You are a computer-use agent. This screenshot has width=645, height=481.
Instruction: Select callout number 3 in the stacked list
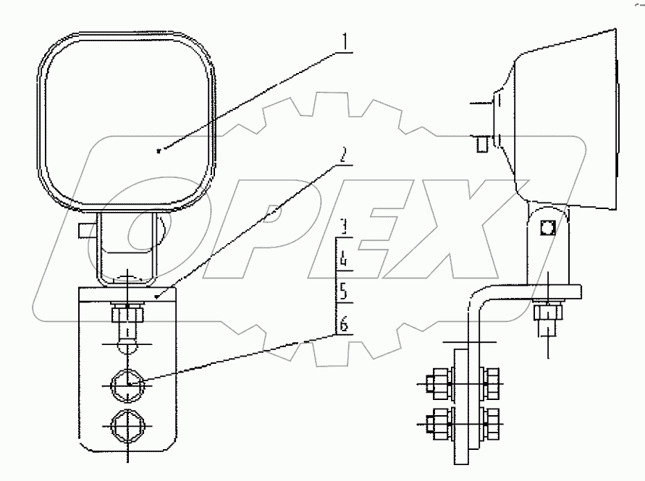(345, 224)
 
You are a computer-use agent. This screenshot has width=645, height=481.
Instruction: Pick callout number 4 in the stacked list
(345, 257)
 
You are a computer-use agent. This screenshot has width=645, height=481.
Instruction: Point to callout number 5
(345, 291)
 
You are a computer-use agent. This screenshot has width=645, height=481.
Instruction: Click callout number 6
(345, 325)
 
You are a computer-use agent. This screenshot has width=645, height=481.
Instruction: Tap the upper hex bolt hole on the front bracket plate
(127, 384)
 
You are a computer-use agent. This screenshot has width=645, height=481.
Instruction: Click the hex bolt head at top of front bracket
(127, 315)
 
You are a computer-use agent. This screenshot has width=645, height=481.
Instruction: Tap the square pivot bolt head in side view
(547, 227)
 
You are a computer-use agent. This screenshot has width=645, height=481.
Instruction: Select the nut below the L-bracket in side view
(547, 312)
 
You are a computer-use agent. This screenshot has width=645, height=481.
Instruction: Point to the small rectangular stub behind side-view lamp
(480, 144)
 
